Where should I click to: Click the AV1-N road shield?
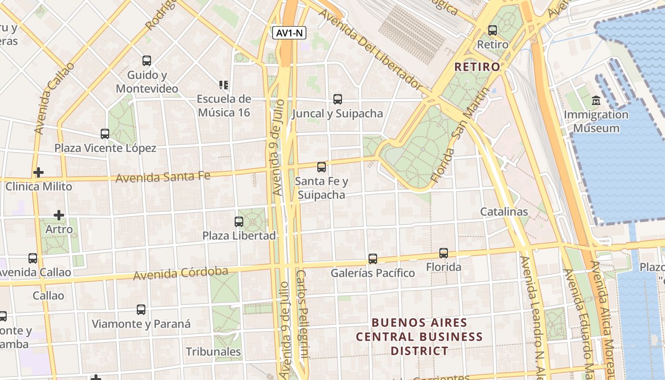tap(289, 33)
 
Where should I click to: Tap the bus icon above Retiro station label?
tap(493, 30)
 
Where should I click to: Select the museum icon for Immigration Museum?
tap(596, 101)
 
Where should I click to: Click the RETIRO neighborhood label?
tap(477, 66)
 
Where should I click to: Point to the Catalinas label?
tap(504, 212)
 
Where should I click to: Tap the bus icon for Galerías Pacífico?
tap(373, 259)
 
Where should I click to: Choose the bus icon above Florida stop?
tap(444, 253)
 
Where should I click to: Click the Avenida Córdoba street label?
tap(180, 274)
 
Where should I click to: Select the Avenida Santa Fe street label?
tap(163, 177)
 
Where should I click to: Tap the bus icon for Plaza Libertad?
tap(239, 222)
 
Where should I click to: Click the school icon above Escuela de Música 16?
tap(224, 85)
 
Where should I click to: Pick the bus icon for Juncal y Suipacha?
tap(338, 99)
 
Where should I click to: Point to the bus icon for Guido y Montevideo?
tap(147, 61)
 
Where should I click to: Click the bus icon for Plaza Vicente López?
tap(105, 134)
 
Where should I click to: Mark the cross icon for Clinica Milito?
tap(38, 172)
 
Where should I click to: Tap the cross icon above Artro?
tap(59, 215)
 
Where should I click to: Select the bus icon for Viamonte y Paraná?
tap(141, 310)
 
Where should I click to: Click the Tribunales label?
tap(213, 352)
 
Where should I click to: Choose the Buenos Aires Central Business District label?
tap(419, 337)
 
